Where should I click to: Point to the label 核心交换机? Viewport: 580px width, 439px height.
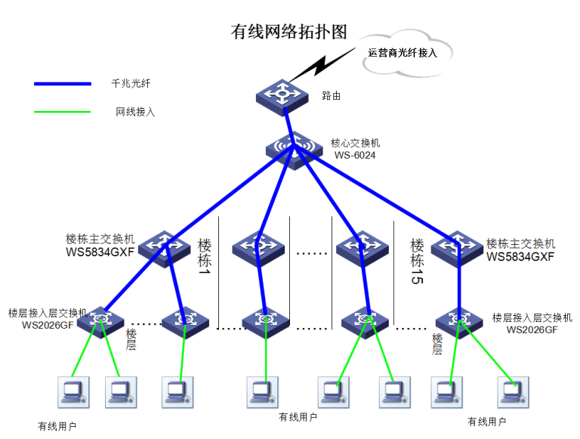click(355, 142)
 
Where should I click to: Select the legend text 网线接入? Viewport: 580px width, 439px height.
click(135, 113)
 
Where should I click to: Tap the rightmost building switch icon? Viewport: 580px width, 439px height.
click(458, 247)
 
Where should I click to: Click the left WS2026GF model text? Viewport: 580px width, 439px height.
click(48, 326)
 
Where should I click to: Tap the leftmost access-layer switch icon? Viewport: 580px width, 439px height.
click(100, 321)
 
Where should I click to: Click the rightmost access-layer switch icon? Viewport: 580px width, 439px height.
click(459, 321)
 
